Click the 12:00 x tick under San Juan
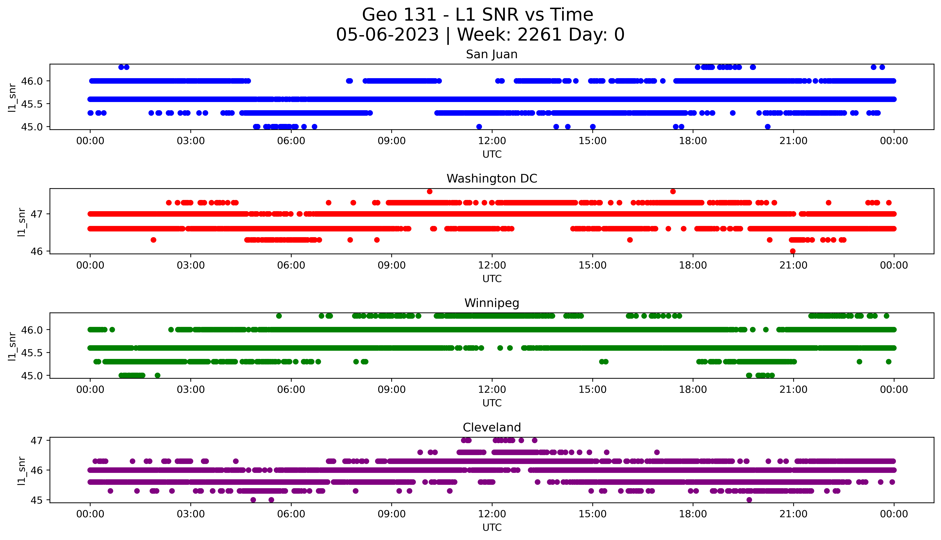(492, 141)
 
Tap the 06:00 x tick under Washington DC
(291, 265)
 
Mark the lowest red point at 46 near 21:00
(793, 251)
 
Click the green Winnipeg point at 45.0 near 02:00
(157, 375)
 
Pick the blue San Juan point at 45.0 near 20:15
(768, 127)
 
